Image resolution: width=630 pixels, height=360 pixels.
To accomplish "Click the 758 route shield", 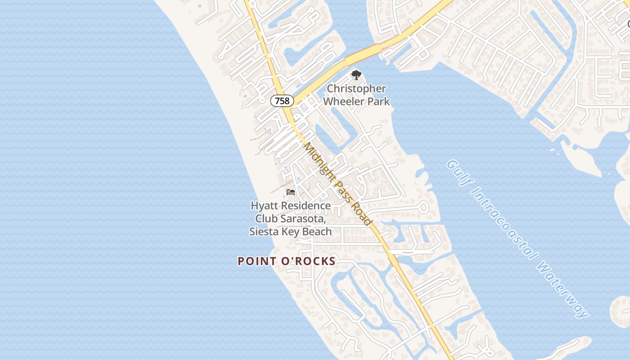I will point(282,101).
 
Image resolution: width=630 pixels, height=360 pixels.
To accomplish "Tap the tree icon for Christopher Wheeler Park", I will point(356,75).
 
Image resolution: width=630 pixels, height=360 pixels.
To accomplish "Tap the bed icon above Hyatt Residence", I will point(291,192).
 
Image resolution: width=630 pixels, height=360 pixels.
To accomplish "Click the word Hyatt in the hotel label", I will point(264,206).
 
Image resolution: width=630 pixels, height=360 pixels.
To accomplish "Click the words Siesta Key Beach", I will point(291,232).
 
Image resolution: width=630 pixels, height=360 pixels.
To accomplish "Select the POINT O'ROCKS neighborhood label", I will point(287,261).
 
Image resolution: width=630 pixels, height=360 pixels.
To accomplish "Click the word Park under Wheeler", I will point(379,101).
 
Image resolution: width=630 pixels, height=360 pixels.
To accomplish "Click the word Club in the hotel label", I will point(265,219).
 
